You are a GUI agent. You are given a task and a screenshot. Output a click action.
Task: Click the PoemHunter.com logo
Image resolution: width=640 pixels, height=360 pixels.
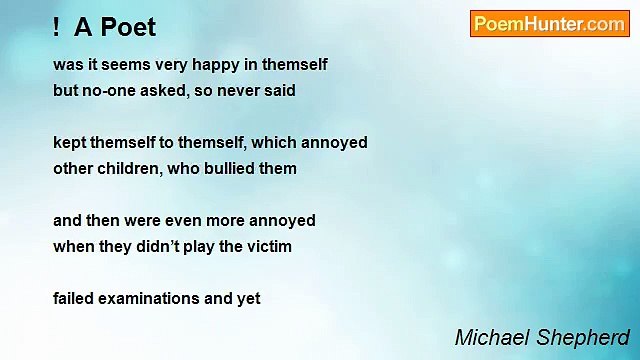click(x=549, y=24)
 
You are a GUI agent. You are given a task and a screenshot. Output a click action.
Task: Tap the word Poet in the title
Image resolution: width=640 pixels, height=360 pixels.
click(x=128, y=26)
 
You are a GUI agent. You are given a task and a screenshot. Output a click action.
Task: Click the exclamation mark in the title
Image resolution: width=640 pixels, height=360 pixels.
click(x=58, y=26)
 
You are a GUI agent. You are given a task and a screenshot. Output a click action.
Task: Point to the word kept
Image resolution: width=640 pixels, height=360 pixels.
click(x=70, y=143)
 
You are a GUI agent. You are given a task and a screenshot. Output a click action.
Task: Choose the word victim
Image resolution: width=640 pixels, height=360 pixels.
click(x=267, y=246)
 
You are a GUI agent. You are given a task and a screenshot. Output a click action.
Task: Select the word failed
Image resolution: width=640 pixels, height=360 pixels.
click(x=73, y=298)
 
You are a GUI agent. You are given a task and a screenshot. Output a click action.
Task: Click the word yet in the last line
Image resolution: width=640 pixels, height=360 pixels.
click(x=247, y=298)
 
